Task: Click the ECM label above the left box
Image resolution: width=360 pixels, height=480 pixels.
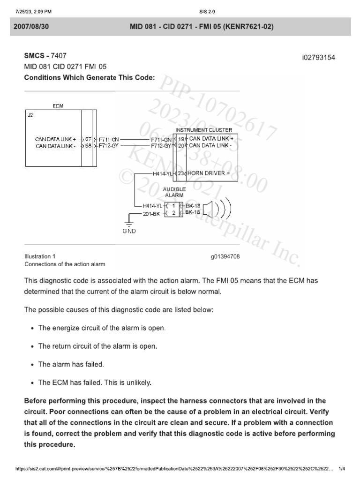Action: pos(58,106)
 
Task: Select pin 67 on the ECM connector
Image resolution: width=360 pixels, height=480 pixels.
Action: pos(88,139)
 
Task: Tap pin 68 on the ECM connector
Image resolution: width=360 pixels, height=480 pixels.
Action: pos(88,146)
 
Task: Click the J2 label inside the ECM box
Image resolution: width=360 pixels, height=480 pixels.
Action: pos(30,115)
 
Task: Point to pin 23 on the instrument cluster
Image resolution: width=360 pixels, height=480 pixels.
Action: pos(181,173)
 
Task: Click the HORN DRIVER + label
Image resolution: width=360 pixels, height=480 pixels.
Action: pos(209,173)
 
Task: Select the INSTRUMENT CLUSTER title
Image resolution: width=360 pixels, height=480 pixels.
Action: pos(203,130)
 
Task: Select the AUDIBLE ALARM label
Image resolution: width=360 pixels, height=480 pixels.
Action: pos(174,192)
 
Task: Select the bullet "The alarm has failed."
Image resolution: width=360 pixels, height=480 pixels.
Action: pos(71,364)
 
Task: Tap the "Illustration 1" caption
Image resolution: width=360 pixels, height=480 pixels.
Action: pos(40,256)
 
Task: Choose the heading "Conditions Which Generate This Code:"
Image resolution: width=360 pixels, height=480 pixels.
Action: pos(89,77)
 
